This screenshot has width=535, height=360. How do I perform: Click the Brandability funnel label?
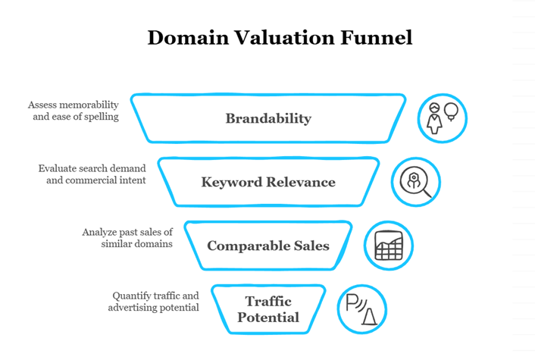pos(268,118)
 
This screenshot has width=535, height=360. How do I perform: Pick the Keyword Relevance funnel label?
pos(268,182)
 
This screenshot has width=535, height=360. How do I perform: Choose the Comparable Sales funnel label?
pos(268,246)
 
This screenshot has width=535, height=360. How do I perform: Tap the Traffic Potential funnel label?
pos(268,309)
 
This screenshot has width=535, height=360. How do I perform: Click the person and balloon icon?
pos(443,119)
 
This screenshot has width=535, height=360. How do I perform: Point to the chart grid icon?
pos(389,246)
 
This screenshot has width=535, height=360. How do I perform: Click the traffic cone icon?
pos(362,309)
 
